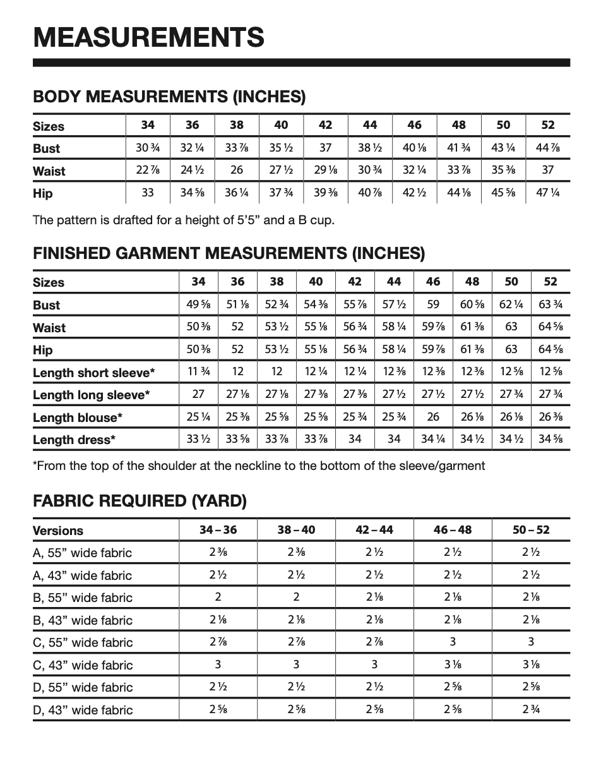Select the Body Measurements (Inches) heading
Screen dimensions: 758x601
click(x=169, y=97)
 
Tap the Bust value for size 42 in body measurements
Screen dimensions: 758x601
click(x=325, y=148)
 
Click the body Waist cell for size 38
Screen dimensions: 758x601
click(x=237, y=171)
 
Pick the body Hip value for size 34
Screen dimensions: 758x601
click(x=148, y=193)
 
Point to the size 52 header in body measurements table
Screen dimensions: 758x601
click(x=548, y=125)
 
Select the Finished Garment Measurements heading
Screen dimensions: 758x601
click(x=229, y=253)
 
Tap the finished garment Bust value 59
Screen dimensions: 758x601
click(x=433, y=304)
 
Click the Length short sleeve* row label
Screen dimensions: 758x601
click(x=94, y=373)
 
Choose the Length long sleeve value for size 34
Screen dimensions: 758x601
click(x=198, y=395)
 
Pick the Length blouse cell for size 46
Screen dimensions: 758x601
click(x=433, y=418)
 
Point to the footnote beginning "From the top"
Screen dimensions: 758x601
click(x=259, y=466)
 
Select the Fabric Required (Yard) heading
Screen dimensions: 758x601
click(x=140, y=501)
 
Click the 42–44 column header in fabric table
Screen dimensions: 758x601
click(x=374, y=529)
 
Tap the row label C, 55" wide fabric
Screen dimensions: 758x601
click(x=83, y=642)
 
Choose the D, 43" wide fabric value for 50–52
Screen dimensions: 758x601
click(x=531, y=709)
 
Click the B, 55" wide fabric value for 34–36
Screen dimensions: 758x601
click(x=218, y=597)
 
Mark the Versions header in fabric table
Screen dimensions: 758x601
click(x=58, y=530)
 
